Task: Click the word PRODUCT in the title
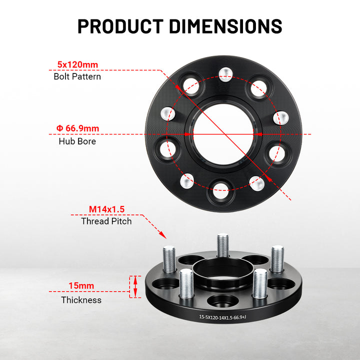coord(120,26)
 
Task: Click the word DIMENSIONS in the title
coord(225,26)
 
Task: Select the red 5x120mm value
coord(77,64)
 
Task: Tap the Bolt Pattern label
coord(77,76)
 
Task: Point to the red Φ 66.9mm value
coord(77,128)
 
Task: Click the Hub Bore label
coord(77,141)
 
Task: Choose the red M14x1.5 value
coord(106,209)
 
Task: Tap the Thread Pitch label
coord(106,221)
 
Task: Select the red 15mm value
coord(81,285)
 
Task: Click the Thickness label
coord(81,300)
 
